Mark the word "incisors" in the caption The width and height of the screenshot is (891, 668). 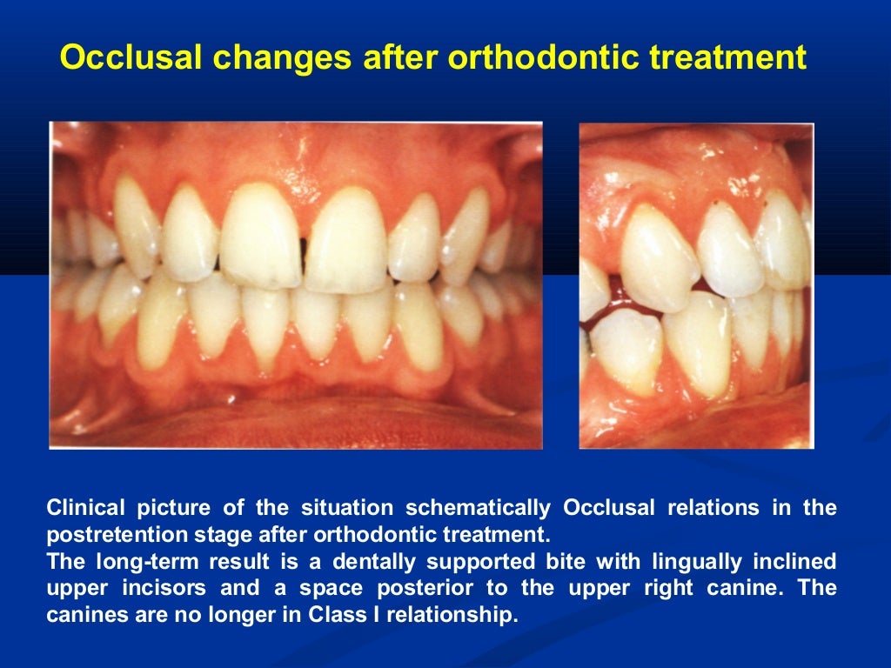point(169,588)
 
